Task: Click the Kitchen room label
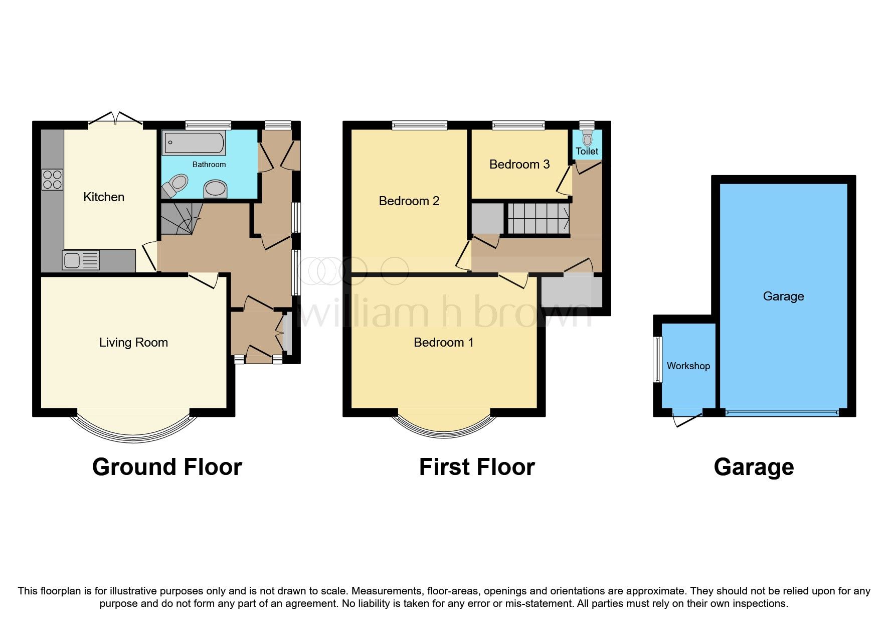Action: pos(103,197)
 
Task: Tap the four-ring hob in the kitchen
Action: pos(52,180)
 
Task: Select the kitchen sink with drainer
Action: pos(81,260)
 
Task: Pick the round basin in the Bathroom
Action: pos(216,190)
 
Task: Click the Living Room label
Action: pos(133,343)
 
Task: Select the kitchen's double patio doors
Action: pos(116,118)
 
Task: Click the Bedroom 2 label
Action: pos(409,201)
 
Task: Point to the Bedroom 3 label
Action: pos(519,165)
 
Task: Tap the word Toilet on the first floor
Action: pos(587,151)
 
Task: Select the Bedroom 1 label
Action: pos(443,343)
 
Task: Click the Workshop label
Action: pos(688,366)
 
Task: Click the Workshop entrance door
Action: pos(687,418)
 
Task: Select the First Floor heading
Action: pos(476,467)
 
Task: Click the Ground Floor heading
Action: pos(167,467)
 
